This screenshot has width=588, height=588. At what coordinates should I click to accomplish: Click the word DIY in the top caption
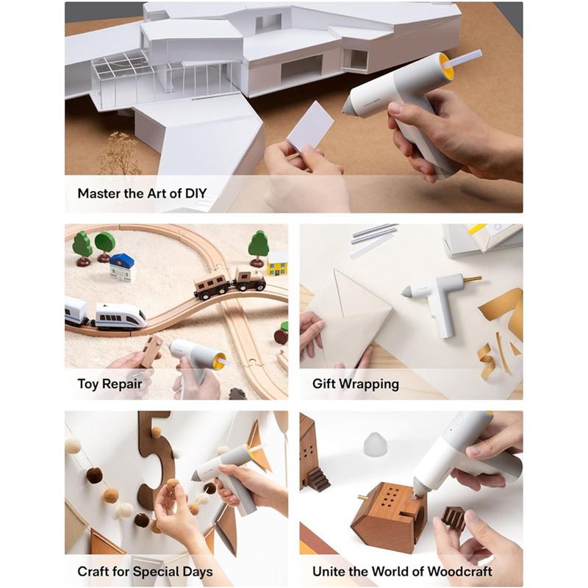196,193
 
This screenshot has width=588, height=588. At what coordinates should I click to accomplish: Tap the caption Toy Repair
110,384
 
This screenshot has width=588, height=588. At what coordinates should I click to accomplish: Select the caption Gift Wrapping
356,384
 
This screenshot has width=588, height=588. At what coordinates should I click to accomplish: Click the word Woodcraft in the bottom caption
460,572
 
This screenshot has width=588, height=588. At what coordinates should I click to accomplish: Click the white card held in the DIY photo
311,126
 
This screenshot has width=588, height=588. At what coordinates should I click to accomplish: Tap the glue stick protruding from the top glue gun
462,60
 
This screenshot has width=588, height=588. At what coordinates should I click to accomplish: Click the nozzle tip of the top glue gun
345,110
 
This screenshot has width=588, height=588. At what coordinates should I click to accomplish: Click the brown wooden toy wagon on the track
210,287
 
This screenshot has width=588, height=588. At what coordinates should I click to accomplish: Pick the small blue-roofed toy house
121,268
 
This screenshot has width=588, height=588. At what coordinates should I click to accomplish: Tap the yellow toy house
278,263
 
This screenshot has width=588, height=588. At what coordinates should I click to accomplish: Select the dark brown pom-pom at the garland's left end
95,475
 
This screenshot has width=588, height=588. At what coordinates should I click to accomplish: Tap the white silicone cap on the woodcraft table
373,445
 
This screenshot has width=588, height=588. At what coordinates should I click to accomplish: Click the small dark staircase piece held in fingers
453,518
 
